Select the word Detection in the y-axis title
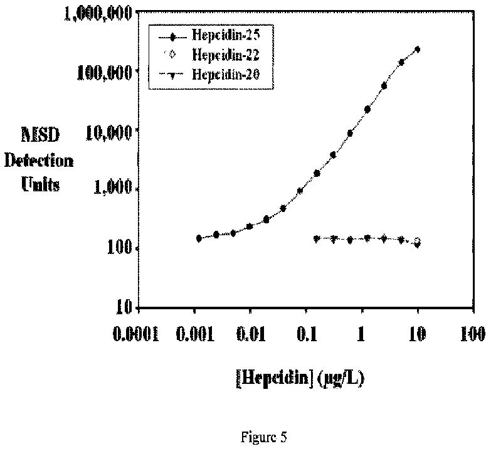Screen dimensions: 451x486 [x=39, y=161]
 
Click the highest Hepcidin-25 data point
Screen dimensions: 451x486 [x=417, y=49]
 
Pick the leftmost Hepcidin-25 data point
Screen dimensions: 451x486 [x=199, y=238]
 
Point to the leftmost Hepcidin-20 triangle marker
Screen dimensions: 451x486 [x=317, y=239]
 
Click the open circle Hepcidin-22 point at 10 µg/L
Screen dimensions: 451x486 [x=418, y=241]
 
